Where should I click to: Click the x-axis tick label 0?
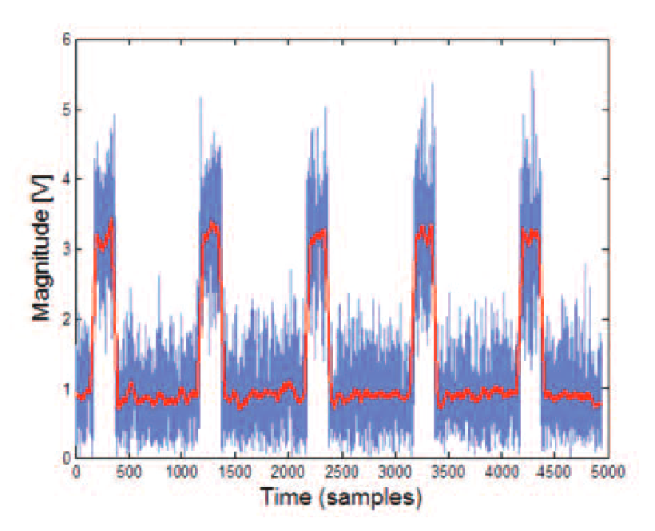pos(76,472)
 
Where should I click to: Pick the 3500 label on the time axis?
pos(447,472)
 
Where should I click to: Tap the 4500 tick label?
pos(554,472)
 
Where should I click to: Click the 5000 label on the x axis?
pos(606,472)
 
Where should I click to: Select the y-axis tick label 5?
pos(65,109)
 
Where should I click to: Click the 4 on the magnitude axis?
pos(65,179)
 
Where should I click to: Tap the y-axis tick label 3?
pos(65,249)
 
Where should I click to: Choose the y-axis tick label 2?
pos(65,319)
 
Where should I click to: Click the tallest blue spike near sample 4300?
pos(531,72)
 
